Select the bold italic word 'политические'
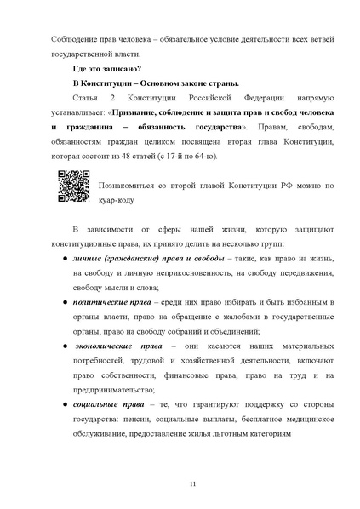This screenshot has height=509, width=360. [98, 302]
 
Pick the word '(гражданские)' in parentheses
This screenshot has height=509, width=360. [131, 259]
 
